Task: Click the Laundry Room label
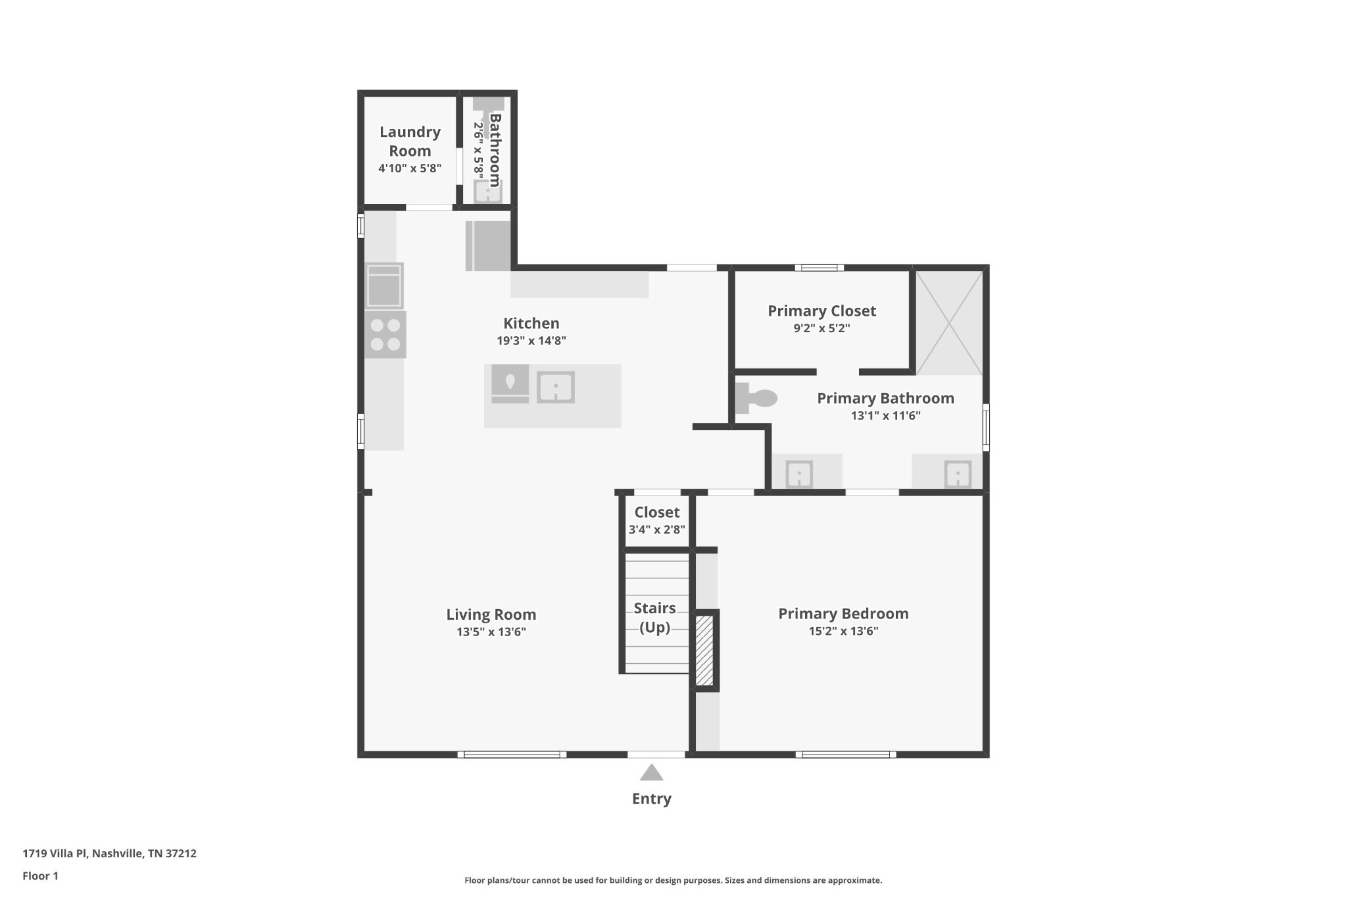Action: (410, 141)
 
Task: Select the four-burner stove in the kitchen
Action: (385, 335)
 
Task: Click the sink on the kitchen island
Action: (556, 387)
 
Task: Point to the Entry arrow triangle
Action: (651, 772)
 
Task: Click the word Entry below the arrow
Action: (651, 799)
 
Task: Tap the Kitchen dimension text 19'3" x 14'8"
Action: (531, 341)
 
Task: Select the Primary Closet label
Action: (821, 311)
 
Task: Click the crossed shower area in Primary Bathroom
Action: (949, 322)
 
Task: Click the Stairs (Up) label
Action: (655, 618)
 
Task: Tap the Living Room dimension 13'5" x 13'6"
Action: (491, 632)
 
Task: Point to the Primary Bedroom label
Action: (843, 614)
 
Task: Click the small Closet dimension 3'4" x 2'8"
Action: (657, 530)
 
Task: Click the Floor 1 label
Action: (40, 876)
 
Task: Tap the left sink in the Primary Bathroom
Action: (799, 474)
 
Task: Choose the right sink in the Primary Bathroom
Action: (958, 474)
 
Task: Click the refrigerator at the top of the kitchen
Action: (488, 246)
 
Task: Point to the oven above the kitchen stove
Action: (384, 286)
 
